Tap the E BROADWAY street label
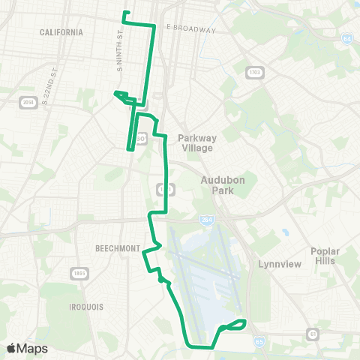click(191, 30)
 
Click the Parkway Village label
click(196, 142)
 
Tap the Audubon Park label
click(218, 185)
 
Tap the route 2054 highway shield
click(28, 103)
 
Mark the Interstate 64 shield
click(346, 38)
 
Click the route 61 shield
click(310, 333)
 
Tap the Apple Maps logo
click(27, 348)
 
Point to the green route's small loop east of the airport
click(232, 325)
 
